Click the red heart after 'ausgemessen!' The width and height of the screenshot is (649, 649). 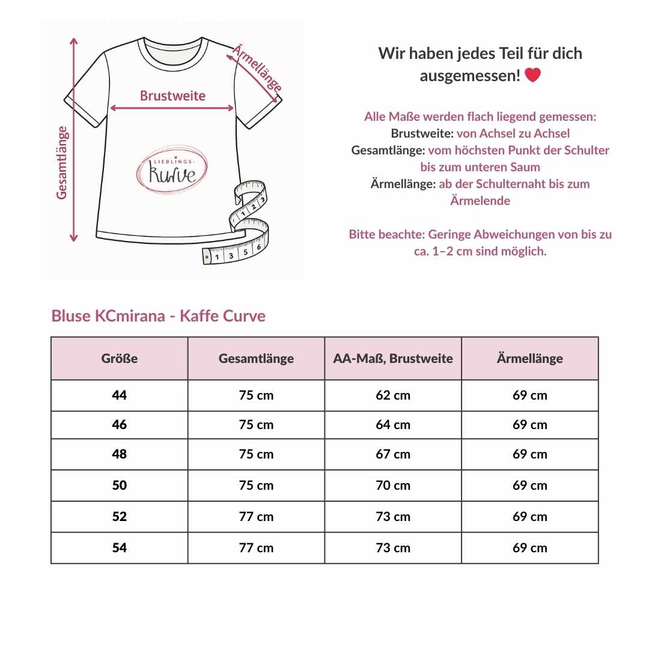coord(532,76)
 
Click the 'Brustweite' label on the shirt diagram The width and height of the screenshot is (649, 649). coord(172,96)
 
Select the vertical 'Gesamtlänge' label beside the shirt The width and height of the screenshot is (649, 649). coord(62,162)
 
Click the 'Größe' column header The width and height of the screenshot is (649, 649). coord(120,359)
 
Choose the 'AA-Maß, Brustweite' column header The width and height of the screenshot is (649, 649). coord(393,359)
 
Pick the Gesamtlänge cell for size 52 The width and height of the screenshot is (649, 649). coord(256,517)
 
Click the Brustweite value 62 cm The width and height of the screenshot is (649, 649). coord(393,395)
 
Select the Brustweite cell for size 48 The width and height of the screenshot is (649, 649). coord(393,454)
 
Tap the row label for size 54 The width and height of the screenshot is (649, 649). coord(120,548)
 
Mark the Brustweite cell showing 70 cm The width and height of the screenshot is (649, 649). coord(393,486)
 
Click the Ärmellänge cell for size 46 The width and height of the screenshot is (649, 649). coord(530,425)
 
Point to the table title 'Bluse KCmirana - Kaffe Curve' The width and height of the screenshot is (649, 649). coord(159,316)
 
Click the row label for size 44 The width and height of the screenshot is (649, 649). coord(120,395)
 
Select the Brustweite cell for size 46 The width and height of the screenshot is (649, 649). coord(393,425)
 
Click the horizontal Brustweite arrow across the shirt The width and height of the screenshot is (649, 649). coord(172,109)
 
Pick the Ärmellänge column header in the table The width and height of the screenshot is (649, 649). coord(530,359)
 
